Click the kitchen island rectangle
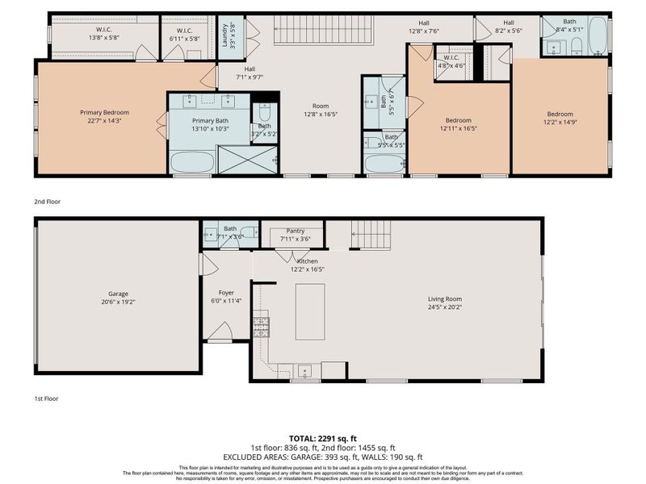[x=309, y=311]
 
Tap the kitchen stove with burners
[x=261, y=327]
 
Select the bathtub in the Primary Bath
[x=192, y=162]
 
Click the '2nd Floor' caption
[x=48, y=202]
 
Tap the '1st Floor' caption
[x=47, y=398]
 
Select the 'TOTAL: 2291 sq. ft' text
[x=323, y=438]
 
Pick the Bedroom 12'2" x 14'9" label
[x=560, y=119]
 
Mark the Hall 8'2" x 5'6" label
[x=509, y=27]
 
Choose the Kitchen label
[x=307, y=265]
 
